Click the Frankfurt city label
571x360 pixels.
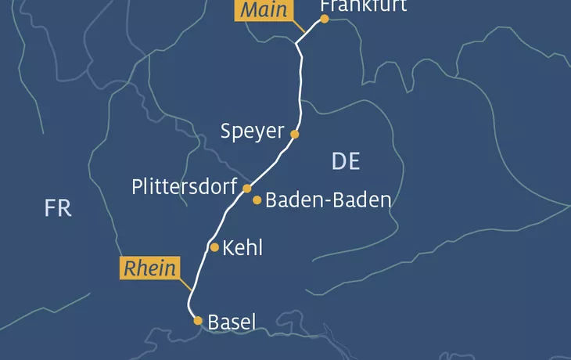point(364,6)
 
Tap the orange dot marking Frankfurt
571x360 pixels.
point(325,19)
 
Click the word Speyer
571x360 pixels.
point(252,131)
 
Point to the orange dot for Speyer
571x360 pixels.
point(295,134)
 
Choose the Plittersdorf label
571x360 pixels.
point(184,187)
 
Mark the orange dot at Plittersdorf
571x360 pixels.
point(247,189)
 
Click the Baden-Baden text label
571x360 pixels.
point(328,200)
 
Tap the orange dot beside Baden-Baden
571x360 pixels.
point(257,200)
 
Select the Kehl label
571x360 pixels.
point(242,248)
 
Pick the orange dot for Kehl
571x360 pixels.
point(215,247)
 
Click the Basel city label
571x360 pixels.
point(232,321)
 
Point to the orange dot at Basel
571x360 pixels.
point(198,320)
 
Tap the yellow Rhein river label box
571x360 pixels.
point(148,268)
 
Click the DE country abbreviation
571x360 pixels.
point(345,161)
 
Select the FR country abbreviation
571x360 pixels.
point(58,208)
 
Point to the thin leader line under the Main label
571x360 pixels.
point(298,27)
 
